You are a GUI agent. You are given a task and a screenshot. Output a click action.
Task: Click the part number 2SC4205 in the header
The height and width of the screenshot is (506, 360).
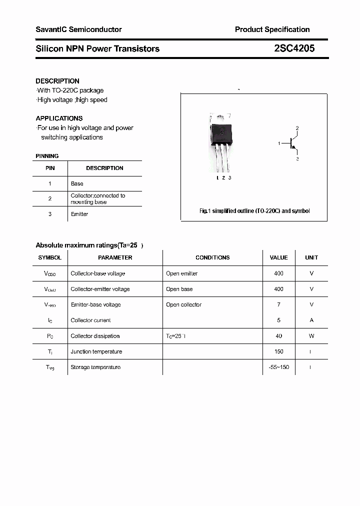coord(294,48)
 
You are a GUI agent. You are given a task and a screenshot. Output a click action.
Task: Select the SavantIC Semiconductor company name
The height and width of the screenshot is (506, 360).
coord(78,29)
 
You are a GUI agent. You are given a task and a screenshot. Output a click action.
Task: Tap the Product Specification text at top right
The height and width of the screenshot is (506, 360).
coord(272,29)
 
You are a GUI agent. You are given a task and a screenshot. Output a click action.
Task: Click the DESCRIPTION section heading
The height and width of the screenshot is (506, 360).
coord(57,81)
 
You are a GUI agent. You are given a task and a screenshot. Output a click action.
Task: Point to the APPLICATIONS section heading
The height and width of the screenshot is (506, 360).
coord(59,118)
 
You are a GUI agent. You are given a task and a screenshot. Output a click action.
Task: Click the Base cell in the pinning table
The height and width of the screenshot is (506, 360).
coord(77,183)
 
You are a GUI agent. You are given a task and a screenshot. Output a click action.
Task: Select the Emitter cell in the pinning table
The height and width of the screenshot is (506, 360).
coord(79,214)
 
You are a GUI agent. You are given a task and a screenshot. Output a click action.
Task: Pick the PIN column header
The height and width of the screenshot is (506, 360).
coord(50,168)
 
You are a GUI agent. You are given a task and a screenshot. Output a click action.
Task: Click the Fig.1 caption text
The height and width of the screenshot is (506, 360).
coord(254,211)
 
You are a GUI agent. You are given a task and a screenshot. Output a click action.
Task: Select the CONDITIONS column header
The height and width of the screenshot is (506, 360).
coord(212,257)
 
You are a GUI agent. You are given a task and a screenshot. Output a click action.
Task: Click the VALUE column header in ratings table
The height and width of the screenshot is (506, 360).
coord(278,257)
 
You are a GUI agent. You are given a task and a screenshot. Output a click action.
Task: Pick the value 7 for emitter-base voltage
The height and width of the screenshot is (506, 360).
coord(278,304)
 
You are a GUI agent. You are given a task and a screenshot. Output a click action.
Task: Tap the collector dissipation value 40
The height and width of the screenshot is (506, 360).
coord(278,336)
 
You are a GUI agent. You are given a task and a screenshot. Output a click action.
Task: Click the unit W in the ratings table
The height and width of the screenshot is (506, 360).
coord(311,336)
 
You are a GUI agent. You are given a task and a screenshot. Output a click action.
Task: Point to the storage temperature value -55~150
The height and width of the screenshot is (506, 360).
coord(278,367)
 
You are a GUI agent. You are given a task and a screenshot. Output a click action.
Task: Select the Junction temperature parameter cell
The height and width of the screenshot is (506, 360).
coord(96,351)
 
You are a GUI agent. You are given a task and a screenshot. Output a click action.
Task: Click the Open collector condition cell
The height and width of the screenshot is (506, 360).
coord(183,304)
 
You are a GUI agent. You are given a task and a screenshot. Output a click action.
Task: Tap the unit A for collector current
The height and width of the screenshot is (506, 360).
coord(311,320)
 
